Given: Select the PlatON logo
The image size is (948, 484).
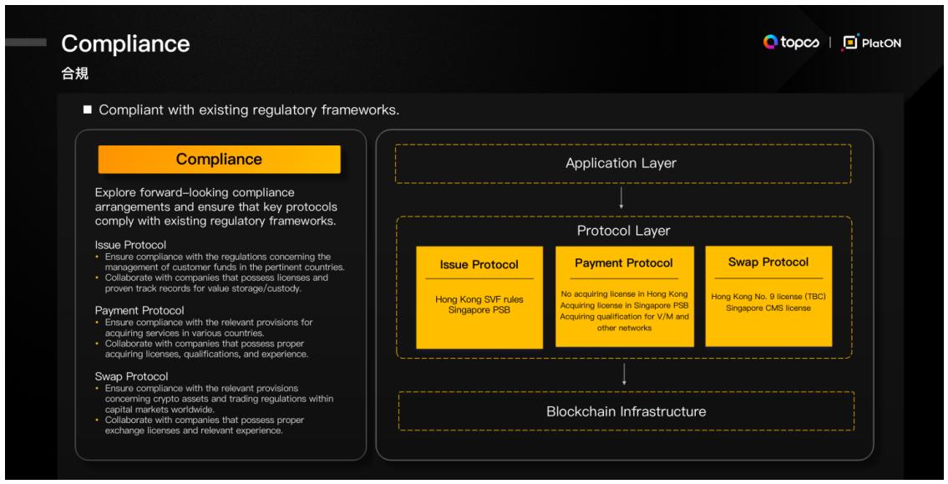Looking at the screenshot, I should tap(872, 43).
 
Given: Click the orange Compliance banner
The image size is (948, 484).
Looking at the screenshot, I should tap(219, 159).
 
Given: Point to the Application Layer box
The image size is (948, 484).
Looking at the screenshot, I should tap(623, 163).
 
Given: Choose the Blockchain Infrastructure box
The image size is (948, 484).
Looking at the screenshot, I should tap(626, 411).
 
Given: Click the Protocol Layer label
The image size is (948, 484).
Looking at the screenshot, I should tap(623, 229).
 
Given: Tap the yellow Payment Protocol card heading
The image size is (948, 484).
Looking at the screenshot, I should tap(623, 262).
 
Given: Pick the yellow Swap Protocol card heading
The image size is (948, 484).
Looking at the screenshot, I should tap(768, 262).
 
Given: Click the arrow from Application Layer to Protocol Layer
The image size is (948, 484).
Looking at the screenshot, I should tap(623, 198).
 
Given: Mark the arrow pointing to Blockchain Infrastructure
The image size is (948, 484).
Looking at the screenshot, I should tap(625, 374).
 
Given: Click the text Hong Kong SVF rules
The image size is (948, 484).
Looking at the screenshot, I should tap(479, 299).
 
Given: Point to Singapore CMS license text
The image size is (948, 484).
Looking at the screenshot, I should tap(768, 308).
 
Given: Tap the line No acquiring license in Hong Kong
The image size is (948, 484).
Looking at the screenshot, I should tap(623, 294).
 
